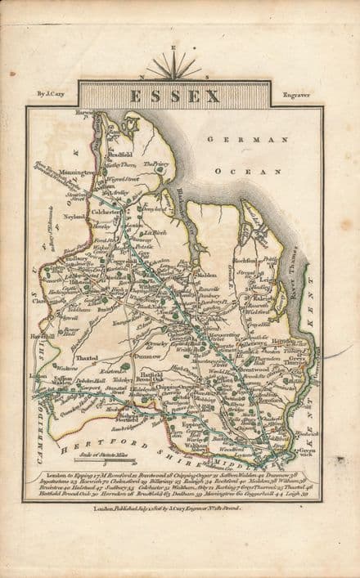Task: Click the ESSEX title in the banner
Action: click(x=173, y=96)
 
